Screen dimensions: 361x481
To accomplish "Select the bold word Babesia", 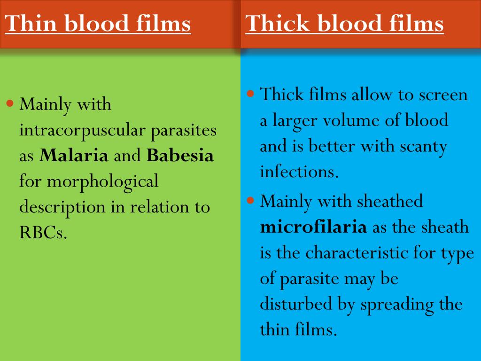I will (x=180, y=156).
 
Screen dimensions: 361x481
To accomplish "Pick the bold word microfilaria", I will (x=313, y=228).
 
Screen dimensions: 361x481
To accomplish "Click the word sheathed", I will (x=390, y=202).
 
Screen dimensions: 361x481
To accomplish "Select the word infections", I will (x=299, y=173).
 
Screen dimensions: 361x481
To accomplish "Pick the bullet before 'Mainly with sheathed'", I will (x=251, y=200).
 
